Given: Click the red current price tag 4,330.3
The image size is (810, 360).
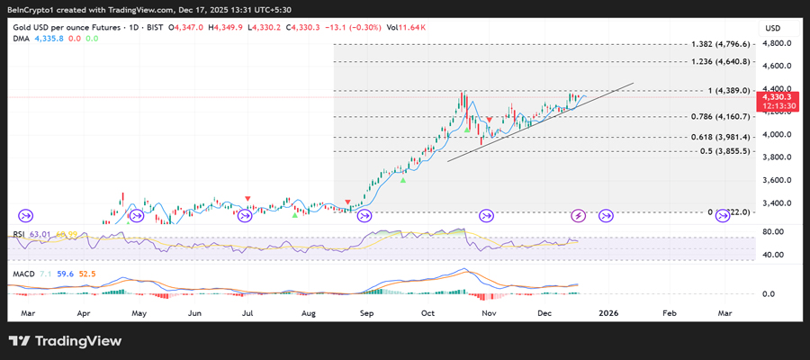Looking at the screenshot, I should (775, 95).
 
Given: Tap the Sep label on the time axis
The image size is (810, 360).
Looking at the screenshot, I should (366, 313).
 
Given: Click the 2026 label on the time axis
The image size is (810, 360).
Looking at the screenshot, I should (609, 313).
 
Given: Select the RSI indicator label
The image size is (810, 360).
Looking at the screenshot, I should (18, 234).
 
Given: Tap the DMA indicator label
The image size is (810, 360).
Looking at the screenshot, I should (21, 39).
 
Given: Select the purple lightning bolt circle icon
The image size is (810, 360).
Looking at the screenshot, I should (579, 215).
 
